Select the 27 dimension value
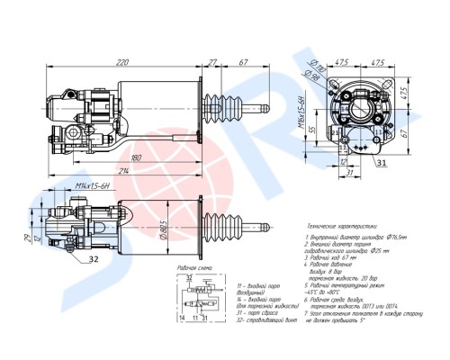tap(212, 64)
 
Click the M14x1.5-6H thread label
tap(92, 185)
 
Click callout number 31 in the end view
tap(406, 163)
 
